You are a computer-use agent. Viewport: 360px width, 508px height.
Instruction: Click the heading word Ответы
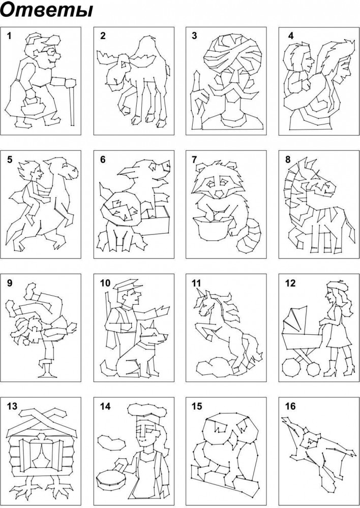click(47, 10)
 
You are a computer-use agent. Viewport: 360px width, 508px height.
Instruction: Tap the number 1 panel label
click(9, 36)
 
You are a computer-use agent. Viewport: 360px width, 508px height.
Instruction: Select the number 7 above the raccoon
click(194, 160)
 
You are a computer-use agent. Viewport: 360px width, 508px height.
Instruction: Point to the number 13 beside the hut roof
click(12, 406)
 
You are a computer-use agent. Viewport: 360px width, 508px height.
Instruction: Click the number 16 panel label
click(290, 406)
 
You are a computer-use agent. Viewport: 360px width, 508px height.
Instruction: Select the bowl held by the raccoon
click(213, 229)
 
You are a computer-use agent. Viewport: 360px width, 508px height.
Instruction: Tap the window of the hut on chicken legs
click(42, 451)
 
